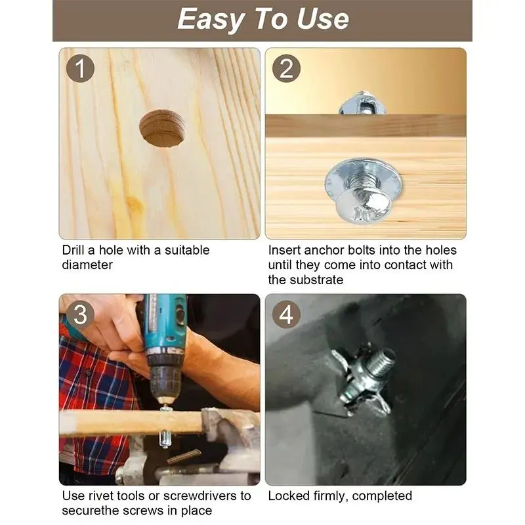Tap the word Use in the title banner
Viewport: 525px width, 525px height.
(322, 19)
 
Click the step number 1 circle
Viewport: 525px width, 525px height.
(80, 69)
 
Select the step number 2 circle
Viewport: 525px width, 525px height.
(286, 69)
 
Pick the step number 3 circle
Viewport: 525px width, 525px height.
(80, 314)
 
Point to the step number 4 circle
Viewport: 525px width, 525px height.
(286, 314)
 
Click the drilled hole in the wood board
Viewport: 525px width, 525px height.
(163, 129)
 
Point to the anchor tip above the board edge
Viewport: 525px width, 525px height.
(362, 103)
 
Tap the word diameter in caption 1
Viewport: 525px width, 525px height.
(87, 265)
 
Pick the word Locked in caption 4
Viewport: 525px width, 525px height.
(289, 496)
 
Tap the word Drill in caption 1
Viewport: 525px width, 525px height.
(73, 250)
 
